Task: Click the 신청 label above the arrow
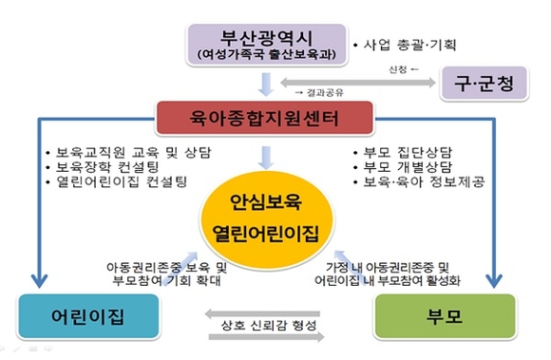coord(399,68)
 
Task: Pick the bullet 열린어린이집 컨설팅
coord(113,180)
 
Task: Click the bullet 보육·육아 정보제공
coord(418,180)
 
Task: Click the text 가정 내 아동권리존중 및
coord(402,268)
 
